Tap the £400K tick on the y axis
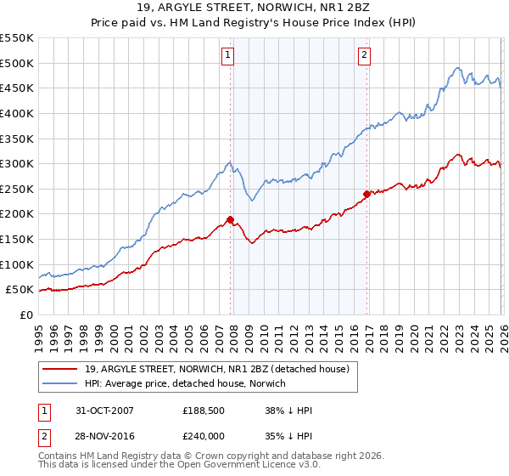click(17, 113)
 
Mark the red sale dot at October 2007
click(230, 219)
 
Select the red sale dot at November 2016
click(366, 194)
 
